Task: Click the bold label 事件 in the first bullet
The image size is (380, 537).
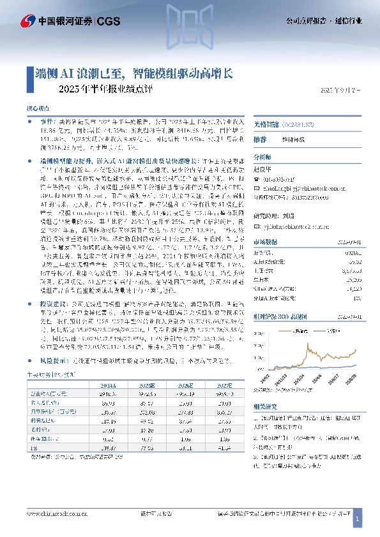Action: coord(47,120)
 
